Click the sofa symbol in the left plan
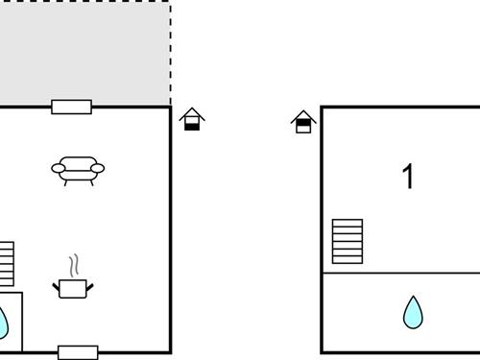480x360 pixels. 78,170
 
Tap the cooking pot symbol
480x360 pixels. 73,288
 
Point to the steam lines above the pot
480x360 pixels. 73,264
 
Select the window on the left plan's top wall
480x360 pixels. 72,107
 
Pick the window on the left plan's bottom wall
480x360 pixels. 78,352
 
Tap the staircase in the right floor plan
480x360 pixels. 348,241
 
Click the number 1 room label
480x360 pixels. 409,177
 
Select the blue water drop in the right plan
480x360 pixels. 413,312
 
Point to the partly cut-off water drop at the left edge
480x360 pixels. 3,322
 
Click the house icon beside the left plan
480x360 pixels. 192,120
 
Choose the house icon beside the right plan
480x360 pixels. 304,122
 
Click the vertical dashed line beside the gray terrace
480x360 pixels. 171,53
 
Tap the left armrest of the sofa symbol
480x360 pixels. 57,170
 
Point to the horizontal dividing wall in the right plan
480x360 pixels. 399,273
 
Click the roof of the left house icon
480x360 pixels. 192,113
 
